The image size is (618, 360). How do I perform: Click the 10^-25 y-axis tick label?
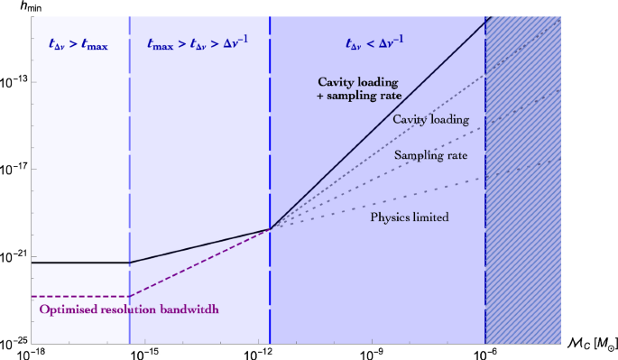[x=17, y=344]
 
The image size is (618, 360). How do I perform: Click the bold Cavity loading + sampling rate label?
[x=353, y=88]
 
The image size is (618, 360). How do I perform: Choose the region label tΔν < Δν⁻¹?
[x=378, y=42]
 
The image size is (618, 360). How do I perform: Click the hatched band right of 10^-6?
[x=523, y=180]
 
